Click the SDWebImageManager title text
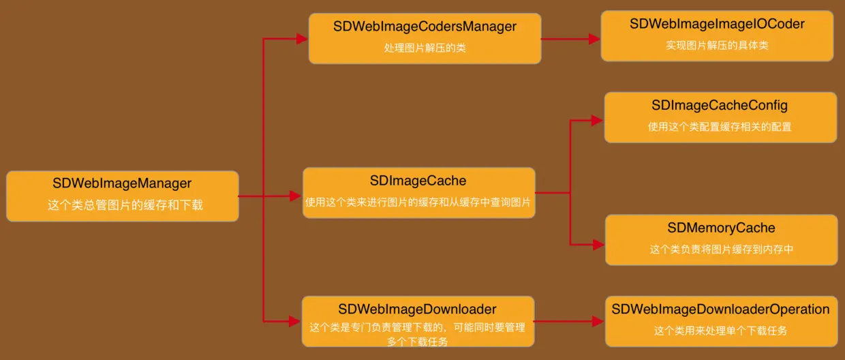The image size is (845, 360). (x=122, y=183)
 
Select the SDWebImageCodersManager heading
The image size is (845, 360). (x=425, y=27)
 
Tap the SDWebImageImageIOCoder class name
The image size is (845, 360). (x=717, y=25)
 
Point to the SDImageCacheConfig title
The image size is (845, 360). (x=720, y=106)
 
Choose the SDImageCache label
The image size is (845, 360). (x=418, y=181)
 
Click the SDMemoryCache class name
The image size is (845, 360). (x=721, y=228)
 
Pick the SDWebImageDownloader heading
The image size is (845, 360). (x=417, y=310)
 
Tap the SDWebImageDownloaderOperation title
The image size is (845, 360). (x=720, y=310)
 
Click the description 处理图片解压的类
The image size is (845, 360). (x=425, y=48)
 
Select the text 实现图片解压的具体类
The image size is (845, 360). (x=717, y=46)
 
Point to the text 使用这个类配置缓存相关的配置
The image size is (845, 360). (x=720, y=127)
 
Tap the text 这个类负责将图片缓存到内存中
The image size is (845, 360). (x=721, y=250)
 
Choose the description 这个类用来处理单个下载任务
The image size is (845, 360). (x=720, y=331)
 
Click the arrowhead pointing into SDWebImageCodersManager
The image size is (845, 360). (x=303, y=40)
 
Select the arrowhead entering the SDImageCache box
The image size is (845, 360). (x=297, y=197)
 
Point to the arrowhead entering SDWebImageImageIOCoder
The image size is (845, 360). (x=594, y=40)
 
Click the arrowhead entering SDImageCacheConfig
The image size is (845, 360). (x=597, y=121)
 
